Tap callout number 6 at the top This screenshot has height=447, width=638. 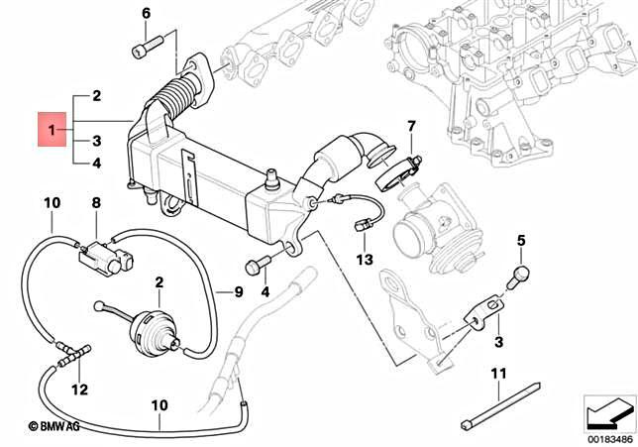pos(146,14)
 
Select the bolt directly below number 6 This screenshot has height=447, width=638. pos(145,48)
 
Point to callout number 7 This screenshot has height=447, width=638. pos(411,126)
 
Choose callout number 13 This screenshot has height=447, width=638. pos(364,260)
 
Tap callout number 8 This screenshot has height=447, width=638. pos(96,203)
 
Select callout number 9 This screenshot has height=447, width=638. pos(238,292)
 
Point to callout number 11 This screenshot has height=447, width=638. pos(500,373)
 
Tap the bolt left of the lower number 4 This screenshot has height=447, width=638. pos(256,266)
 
